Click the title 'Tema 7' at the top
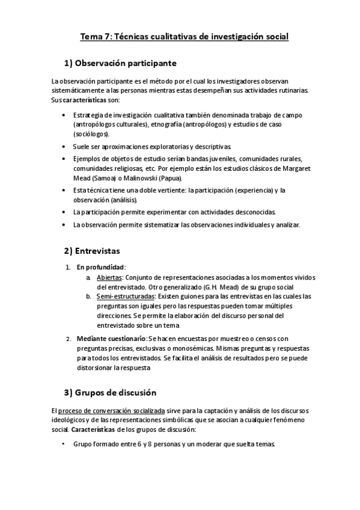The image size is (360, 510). pyautogui.click(x=94, y=37)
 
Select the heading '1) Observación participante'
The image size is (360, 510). pyautogui.click(x=120, y=63)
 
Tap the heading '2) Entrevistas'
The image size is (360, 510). pyautogui.click(x=93, y=250)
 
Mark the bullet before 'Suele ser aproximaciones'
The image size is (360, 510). pyautogui.click(x=64, y=146)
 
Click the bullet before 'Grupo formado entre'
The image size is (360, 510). pyautogui.click(x=64, y=444)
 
